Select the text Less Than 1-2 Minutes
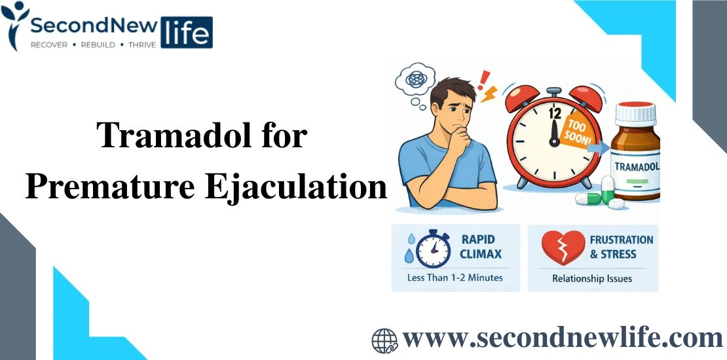(x=455, y=278)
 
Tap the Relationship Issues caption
(x=592, y=279)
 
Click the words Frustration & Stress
(x=621, y=247)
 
